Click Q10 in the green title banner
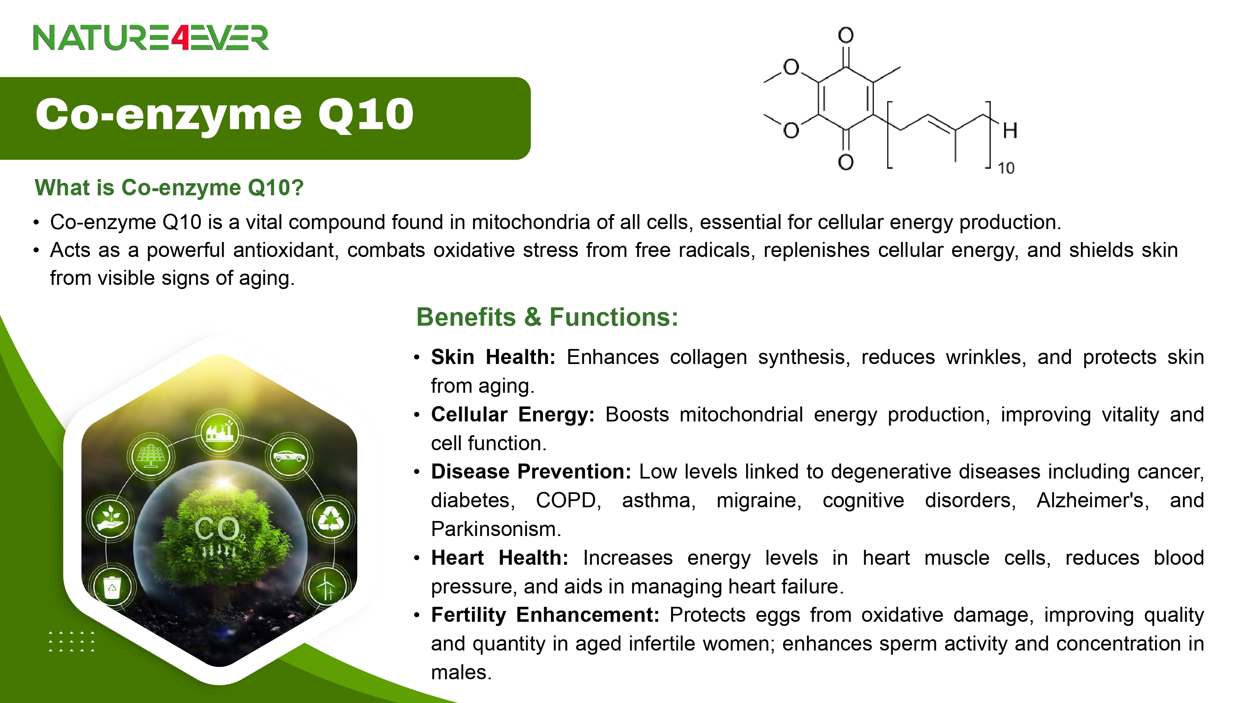(x=366, y=115)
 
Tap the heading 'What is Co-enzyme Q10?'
(x=169, y=188)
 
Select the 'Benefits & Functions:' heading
(x=547, y=317)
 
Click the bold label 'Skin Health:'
(x=493, y=357)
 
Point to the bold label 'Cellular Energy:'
(x=513, y=415)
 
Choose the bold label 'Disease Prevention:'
(x=531, y=471)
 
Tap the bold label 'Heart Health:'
(x=500, y=558)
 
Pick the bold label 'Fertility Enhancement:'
(x=545, y=615)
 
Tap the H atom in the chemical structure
(x=1010, y=130)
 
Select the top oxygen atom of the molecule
(x=846, y=35)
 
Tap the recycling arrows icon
(x=331, y=519)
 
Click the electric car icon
(x=289, y=456)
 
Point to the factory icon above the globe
(x=220, y=431)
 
